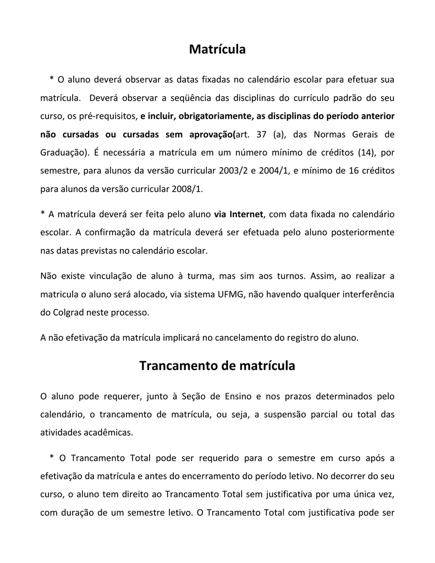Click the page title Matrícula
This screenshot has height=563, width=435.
click(x=217, y=50)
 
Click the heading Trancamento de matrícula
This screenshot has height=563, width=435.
click(x=217, y=366)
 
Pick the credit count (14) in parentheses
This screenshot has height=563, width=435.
click(x=365, y=152)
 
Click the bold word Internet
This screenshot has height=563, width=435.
click(x=246, y=214)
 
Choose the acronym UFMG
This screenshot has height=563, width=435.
click(x=232, y=294)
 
